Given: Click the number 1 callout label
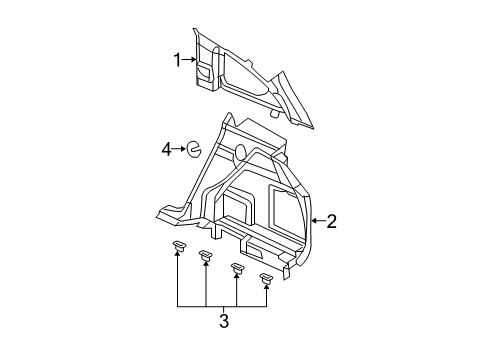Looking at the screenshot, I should pyautogui.click(x=178, y=61).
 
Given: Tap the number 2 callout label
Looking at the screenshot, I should pyautogui.click(x=331, y=221).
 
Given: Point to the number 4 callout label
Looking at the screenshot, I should pyautogui.click(x=168, y=150).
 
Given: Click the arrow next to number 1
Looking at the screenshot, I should pyautogui.click(x=189, y=61).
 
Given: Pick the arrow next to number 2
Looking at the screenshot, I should pyautogui.click(x=316, y=221).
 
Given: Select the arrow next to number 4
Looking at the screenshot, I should pyautogui.click(x=180, y=150).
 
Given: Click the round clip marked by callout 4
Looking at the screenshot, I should pyautogui.click(x=195, y=151).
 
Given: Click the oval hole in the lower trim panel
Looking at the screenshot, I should pyautogui.click(x=240, y=152).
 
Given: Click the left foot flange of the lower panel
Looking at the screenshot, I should pyautogui.click(x=170, y=211).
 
